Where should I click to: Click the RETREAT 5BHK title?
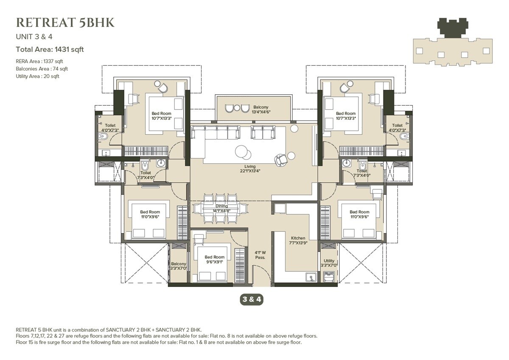pos(65,22)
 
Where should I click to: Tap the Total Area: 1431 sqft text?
pos(50,49)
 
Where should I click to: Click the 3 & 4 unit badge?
pos(252,299)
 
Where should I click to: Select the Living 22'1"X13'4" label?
pos(252,169)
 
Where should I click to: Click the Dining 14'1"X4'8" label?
pos(221,208)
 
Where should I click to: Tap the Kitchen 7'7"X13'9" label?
pos(299,241)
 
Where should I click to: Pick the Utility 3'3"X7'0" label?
pos(329,263)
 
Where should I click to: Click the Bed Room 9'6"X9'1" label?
pos(214,259)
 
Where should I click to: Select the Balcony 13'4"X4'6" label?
pos(261,110)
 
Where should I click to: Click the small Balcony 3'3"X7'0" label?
pos(179,266)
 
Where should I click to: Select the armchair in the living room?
pos(281,160)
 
